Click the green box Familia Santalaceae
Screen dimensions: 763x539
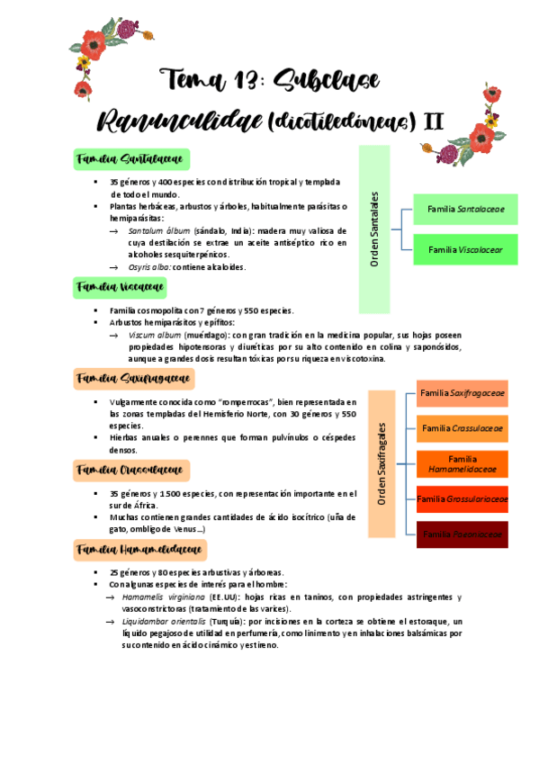465,209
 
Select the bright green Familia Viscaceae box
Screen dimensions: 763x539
465,249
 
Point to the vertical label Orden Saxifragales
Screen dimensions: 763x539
382,466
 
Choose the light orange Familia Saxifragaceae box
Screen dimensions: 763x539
463,393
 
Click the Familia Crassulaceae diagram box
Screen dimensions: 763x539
463,428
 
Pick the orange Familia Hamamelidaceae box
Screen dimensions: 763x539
463,463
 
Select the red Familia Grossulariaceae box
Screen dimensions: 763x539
463,498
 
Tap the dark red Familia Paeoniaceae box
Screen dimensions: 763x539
463,534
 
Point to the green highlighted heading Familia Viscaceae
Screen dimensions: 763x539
121,287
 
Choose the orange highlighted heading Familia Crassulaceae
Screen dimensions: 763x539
130,470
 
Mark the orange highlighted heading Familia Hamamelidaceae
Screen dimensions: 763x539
139,549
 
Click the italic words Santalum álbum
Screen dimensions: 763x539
159,231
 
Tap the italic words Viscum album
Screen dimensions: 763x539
154,334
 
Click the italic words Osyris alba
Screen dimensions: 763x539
148,267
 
